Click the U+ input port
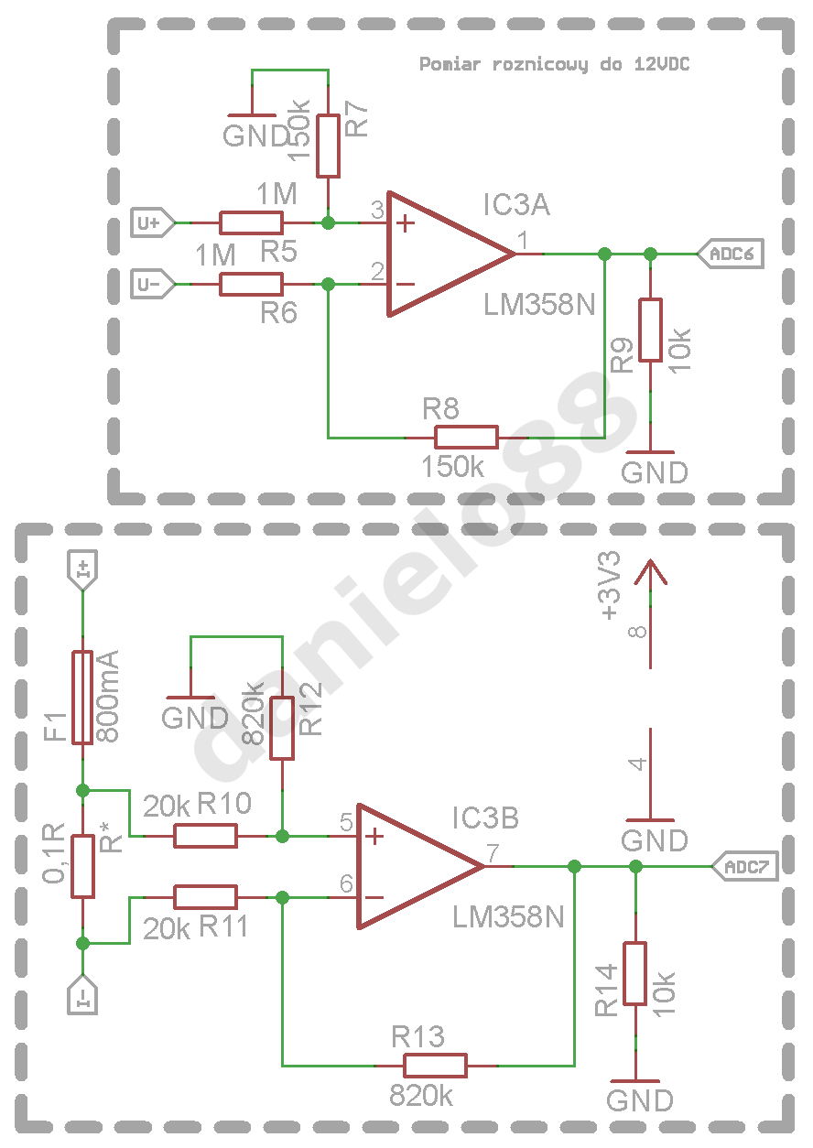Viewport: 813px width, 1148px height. pyautogui.click(x=153, y=222)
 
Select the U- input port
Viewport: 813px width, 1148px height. pyautogui.click(x=153, y=284)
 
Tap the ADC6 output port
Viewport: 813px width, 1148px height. pyautogui.click(x=731, y=254)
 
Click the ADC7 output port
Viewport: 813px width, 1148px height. pyautogui.click(x=745, y=867)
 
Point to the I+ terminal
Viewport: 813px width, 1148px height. pyautogui.click(x=82, y=570)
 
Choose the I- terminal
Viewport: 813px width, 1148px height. pyautogui.click(x=82, y=995)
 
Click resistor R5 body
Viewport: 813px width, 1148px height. pyautogui.click(x=251, y=223)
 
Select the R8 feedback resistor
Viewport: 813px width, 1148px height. pyautogui.click(x=467, y=438)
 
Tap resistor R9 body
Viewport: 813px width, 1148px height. pyautogui.click(x=651, y=330)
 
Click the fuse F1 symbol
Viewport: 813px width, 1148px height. pyautogui.click(x=82, y=698)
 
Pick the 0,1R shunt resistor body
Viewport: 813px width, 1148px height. pyautogui.click(x=82, y=867)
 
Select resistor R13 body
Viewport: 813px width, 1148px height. pyautogui.click(x=435, y=1066)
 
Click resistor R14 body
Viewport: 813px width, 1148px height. pyautogui.click(x=635, y=974)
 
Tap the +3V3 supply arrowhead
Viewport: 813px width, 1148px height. pyautogui.click(x=651, y=571)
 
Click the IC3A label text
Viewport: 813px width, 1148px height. pyautogui.click(x=516, y=204)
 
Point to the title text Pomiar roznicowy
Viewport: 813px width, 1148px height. pyautogui.click(x=504, y=65)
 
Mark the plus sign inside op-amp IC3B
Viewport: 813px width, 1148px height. pyautogui.click(x=374, y=837)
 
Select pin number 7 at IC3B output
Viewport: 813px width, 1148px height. pyautogui.click(x=493, y=853)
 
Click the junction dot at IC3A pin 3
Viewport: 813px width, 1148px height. pyautogui.click(x=328, y=223)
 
